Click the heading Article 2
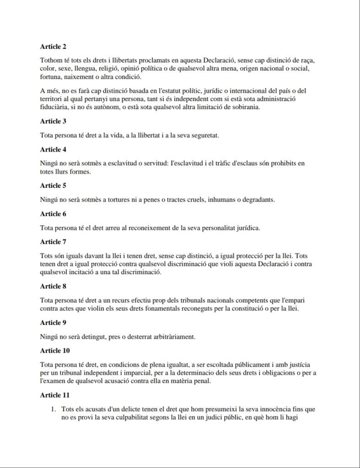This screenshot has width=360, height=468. (x=54, y=46)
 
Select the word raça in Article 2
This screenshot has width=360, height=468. (x=305, y=61)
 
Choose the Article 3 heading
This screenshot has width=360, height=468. (x=54, y=121)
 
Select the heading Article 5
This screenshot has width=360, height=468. (x=54, y=185)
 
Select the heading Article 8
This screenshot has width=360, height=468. (x=54, y=286)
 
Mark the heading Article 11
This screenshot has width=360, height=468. (x=55, y=395)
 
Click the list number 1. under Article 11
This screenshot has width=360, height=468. (x=54, y=409)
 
